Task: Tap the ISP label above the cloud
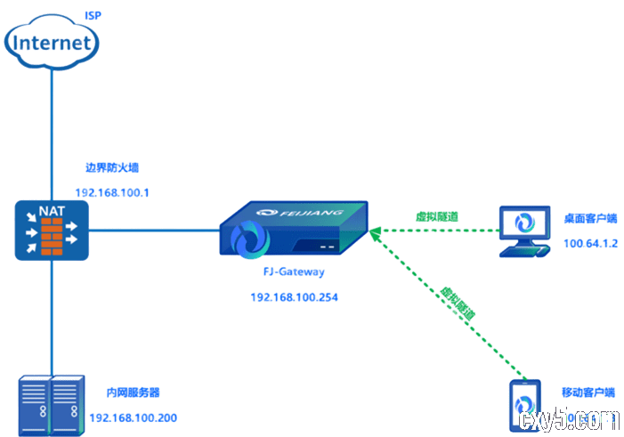pyautogui.click(x=92, y=16)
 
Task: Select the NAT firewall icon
pyautogui.click(x=52, y=231)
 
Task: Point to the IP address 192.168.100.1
pyautogui.click(x=111, y=192)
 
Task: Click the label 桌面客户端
pyautogui.click(x=590, y=218)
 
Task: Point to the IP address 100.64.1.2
pyautogui.click(x=590, y=243)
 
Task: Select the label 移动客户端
pyautogui.click(x=588, y=392)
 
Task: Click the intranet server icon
pyautogui.click(x=50, y=405)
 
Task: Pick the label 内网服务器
pyautogui.click(x=133, y=392)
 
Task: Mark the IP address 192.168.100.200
pyautogui.click(x=133, y=417)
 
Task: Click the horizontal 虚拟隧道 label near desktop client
pyautogui.click(x=436, y=216)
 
